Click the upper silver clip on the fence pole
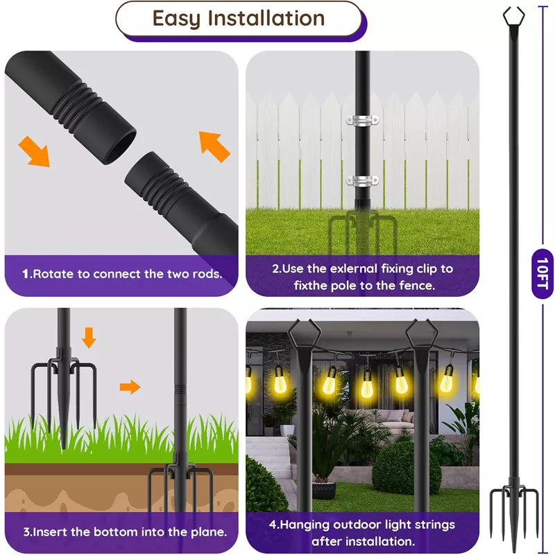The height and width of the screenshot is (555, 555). click(362, 120)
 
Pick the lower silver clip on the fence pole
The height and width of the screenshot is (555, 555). click(362, 182)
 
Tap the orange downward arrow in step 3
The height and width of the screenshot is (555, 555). click(89, 338)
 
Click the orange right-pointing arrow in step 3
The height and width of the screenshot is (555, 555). click(129, 386)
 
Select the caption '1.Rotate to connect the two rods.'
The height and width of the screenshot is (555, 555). click(122, 273)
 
